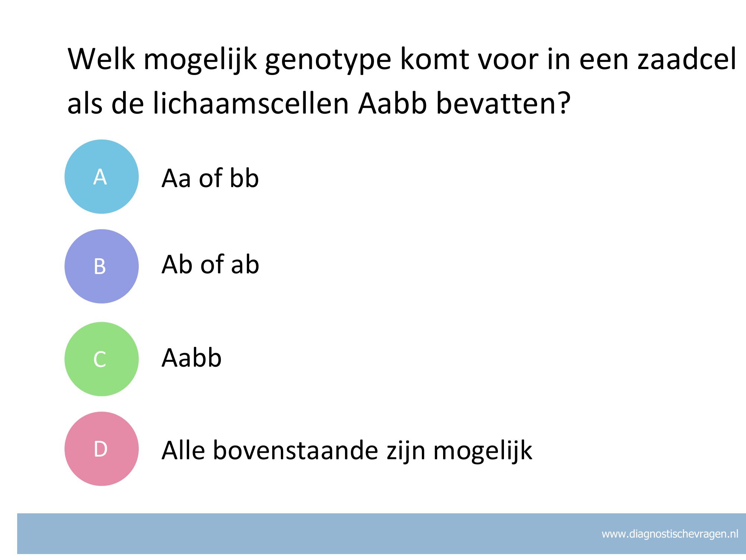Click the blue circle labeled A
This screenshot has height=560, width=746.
click(x=101, y=177)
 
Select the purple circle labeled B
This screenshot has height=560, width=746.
click(x=101, y=266)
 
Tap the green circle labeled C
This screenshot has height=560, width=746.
click(x=101, y=359)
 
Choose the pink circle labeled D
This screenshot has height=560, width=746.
click(x=101, y=449)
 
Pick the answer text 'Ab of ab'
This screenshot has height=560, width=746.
click(x=210, y=265)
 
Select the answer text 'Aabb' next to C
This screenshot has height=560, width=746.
click(x=191, y=358)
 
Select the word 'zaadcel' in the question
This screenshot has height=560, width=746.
click(x=687, y=59)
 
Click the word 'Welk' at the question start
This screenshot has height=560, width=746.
click(x=101, y=59)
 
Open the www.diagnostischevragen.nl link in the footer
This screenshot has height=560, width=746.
click(x=670, y=534)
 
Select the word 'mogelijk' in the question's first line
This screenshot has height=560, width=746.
click(x=200, y=61)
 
